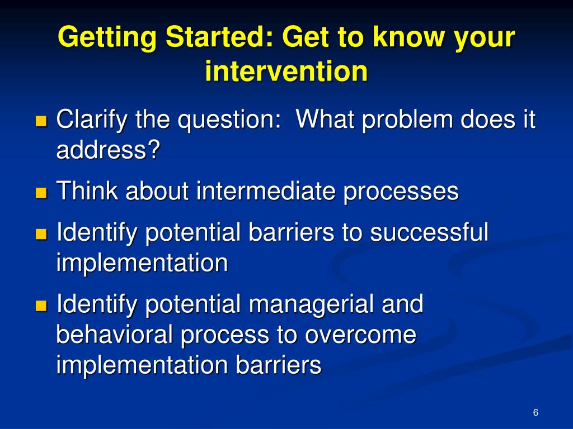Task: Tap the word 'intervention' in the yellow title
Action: (x=286, y=70)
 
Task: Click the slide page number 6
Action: (x=536, y=412)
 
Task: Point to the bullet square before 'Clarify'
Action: (x=41, y=121)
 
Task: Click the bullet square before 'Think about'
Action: (x=41, y=193)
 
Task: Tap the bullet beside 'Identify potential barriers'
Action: (x=41, y=234)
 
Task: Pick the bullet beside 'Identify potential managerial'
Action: (x=41, y=306)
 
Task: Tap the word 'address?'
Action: (x=108, y=149)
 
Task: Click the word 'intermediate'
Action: (x=266, y=190)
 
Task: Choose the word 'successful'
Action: (x=429, y=231)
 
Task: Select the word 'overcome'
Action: (x=360, y=336)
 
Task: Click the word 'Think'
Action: (x=87, y=190)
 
